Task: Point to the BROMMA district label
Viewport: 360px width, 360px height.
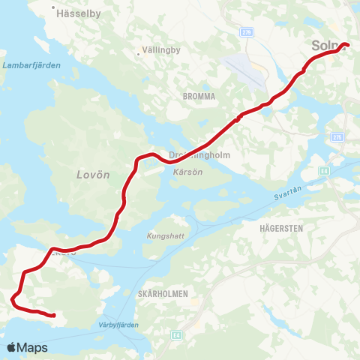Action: (199, 96)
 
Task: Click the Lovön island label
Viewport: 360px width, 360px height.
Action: (93, 174)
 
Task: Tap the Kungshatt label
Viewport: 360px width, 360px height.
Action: (164, 233)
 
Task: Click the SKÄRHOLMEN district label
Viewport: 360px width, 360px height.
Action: (163, 293)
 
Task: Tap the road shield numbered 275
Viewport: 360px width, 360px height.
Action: (337, 137)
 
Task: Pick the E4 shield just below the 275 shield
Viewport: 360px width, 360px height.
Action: (323, 172)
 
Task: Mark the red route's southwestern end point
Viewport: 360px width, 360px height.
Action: (55, 316)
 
